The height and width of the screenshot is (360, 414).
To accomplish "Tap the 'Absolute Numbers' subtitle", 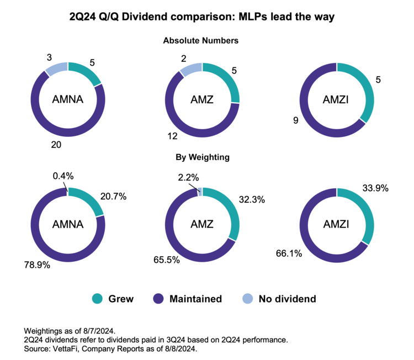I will pyautogui.click(x=200, y=41).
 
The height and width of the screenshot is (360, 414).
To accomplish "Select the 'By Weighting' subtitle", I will pyautogui.click(x=203, y=157).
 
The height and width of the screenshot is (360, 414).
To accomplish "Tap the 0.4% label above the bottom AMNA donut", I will pyautogui.click(x=63, y=176).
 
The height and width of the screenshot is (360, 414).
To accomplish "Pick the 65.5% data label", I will pyautogui.click(x=166, y=259).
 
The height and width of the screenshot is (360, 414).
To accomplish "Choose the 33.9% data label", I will pyautogui.click(x=376, y=188).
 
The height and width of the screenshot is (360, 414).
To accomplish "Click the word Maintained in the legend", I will pyautogui.click(x=196, y=299).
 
